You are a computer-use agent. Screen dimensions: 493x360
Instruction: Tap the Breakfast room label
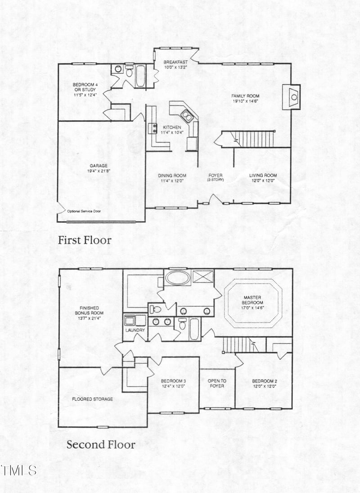pos(175,62)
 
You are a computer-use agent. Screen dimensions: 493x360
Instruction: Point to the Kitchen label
pos(172,127)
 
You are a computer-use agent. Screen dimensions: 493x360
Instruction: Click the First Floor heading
pos(84,240)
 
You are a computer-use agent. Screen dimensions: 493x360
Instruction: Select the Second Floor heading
pos(101,445)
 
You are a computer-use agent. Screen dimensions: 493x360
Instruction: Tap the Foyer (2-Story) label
pos(216,177)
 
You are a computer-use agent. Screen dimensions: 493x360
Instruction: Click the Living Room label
pos(263,176)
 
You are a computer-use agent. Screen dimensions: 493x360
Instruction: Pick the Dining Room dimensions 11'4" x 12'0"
pos(172,181)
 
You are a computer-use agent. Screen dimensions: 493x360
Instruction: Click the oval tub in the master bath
pos(178,277)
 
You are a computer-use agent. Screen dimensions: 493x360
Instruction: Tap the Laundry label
pos(135,330)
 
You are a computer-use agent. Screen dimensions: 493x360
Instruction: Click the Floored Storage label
pos(93,399)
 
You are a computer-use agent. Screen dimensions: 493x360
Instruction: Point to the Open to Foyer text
pos(217,384)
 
